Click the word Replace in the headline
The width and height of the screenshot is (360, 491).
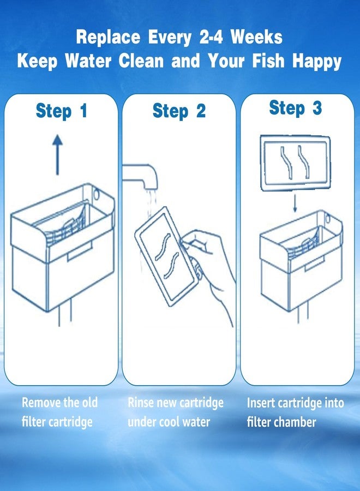[x=109, y=38]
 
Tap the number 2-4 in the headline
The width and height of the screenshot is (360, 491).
[x=211, y=37]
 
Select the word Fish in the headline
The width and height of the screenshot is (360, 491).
[x=268, y=61]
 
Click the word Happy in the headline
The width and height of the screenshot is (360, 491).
[x=316, y=62]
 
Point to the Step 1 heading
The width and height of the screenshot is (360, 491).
[x=61, y=111]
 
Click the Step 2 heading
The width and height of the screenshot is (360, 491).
[x=179, y=111]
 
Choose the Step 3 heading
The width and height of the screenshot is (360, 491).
[x=296, y=108]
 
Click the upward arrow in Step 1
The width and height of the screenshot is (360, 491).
[x=57, y=154]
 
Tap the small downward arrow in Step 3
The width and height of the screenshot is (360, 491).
[x=295, y=203]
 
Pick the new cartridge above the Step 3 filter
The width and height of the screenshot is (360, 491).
[x=296, y=163]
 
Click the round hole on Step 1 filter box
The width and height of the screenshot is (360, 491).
[x=97, y=194]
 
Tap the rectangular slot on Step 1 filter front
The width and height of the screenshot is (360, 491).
[x=80, y=251]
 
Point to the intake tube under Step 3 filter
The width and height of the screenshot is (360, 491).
[x=303, y=315]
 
